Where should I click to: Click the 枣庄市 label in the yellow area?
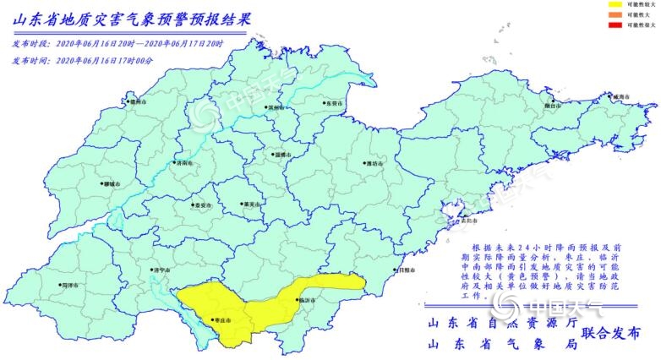tap(222, 320)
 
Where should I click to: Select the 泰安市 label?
tap(201, 205)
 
